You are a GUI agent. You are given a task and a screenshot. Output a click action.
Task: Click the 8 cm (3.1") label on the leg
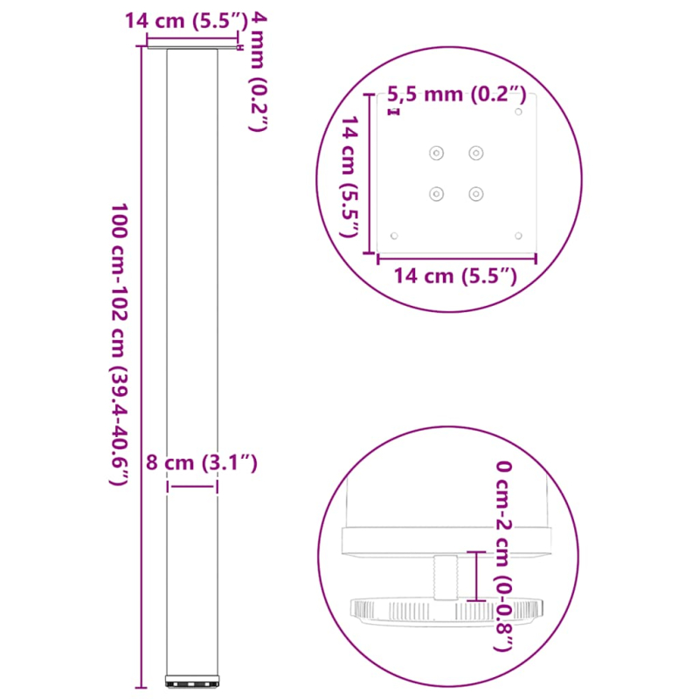pos(201,463)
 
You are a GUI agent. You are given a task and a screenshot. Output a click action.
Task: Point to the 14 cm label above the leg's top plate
pos(181,21)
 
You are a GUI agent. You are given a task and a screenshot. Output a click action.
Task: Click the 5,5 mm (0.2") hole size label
pos(457,93)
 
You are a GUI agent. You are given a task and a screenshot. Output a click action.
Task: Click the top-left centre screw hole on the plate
pos(435,154)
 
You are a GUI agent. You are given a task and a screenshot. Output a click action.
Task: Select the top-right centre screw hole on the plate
pos(476,154)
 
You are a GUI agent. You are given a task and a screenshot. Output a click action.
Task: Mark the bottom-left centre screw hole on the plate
pos(435,193)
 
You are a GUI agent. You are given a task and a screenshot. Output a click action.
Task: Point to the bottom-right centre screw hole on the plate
pos(476,193)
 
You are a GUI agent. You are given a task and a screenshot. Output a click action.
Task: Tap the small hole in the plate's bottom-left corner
pos(394,235)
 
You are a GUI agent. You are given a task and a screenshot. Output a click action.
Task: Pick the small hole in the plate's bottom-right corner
pos(519,235)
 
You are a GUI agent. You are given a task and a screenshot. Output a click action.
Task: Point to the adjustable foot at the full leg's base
pos(191,678)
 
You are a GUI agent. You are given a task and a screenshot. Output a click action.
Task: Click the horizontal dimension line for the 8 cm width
pos(191,488)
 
